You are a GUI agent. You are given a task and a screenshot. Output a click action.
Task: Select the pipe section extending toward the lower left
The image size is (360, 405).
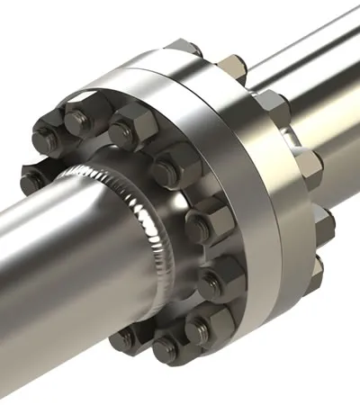click(x=54, y=270)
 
